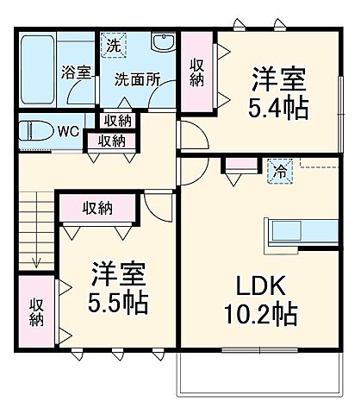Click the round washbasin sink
point(161,44)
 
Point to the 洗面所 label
point(138,77)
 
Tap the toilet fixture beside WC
point(39,133)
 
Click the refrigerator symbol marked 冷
point(279,171)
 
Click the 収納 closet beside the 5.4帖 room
point(197,73)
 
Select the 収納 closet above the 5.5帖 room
point(97,207)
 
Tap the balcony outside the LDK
point(264,371)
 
